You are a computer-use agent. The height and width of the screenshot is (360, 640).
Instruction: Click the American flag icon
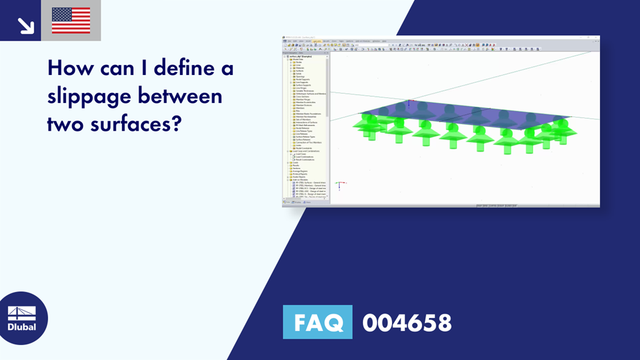[71, 21]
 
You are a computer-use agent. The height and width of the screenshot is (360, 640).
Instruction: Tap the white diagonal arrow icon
[25, 24]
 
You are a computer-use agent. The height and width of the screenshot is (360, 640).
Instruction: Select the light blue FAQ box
[317, 322]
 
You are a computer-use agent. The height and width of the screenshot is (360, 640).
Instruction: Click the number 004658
[407, 323]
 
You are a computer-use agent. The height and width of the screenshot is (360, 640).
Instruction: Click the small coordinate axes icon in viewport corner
[338, 185]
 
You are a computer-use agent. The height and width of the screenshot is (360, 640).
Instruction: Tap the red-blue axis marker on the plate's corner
[409, 103]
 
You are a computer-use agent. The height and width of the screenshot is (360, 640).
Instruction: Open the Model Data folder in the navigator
[297, 59]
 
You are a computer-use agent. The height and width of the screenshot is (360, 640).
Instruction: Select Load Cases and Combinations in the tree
[306, 151]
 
